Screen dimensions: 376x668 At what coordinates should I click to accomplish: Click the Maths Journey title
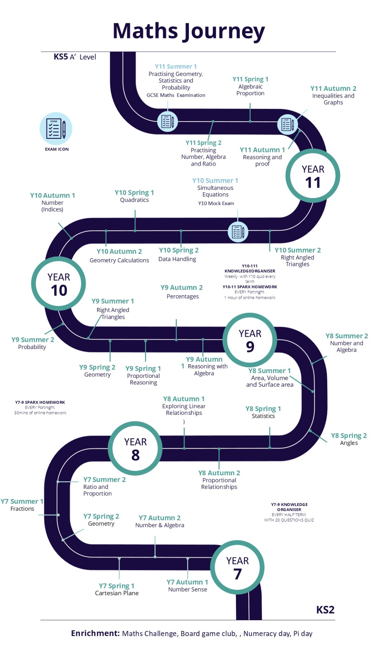(x=189, y=31)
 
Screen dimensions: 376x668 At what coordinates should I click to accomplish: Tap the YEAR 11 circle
(x=313, y=176)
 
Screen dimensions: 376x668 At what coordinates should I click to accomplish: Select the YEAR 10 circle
(x=58, y=284)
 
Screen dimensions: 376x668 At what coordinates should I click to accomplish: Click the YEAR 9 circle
(x=250, y=340)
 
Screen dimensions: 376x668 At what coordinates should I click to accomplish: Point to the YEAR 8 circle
(x=135, y=448)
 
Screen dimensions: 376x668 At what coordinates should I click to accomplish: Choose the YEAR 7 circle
(x=237, y=567)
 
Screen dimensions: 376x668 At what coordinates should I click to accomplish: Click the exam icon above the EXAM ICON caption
(x=56, y=129)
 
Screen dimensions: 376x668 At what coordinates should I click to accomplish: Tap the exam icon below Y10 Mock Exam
(x=238, y=231)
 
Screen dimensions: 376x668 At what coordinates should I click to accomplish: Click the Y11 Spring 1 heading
(x=250, y=79)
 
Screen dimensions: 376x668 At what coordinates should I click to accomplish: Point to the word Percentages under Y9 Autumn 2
(x=183, y=297)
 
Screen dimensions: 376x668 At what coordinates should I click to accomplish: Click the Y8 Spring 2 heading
(x=349, y=436)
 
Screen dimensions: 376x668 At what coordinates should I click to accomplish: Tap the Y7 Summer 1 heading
(x=22, y=501)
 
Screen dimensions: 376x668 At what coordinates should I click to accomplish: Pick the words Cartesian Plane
(x=117, y=593)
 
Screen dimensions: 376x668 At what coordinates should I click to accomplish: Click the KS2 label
(x=325, y=610)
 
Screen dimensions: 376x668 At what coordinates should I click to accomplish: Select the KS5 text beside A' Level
(x=61, y=57)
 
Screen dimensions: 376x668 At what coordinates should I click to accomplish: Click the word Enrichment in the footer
(x=95, y=633)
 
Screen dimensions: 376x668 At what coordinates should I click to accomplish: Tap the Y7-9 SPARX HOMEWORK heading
(x=40, y=402)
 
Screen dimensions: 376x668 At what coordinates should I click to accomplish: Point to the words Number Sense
(x=187, y=590)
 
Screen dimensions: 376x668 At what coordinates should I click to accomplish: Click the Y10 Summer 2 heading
(x=297, y=250)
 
